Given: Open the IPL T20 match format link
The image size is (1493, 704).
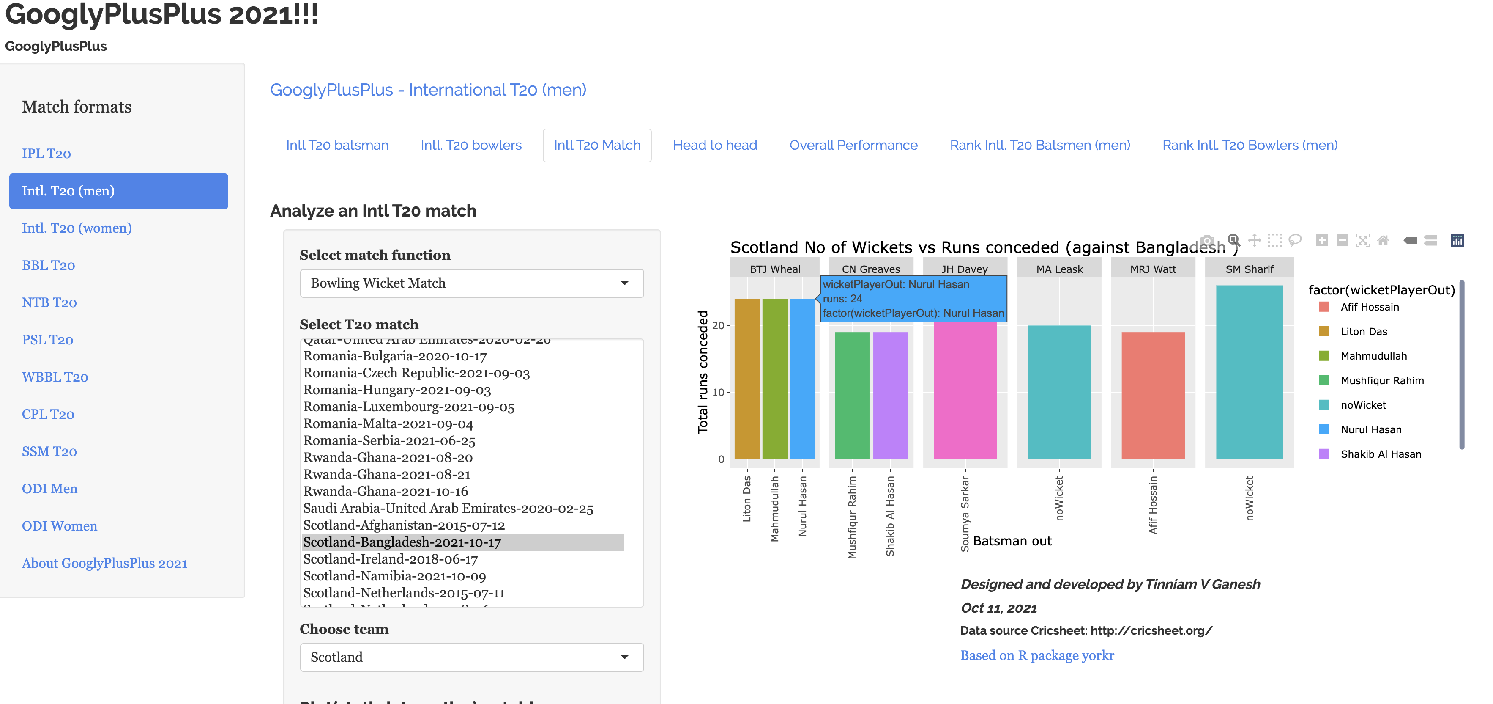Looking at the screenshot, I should point(46,154).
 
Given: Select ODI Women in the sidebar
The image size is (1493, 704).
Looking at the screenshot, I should point(59,526).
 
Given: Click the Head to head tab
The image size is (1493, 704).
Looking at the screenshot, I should point(715,145).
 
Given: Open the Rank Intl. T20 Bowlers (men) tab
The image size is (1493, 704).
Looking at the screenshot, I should point(1250,145).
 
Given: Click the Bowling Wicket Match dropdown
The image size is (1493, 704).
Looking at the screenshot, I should point(471,283).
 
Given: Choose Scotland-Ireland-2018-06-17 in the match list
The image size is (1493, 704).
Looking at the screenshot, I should point(390,559).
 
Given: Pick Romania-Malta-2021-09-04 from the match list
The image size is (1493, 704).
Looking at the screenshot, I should point(388,424).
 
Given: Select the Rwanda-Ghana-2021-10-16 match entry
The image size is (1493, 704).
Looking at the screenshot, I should point(386,492).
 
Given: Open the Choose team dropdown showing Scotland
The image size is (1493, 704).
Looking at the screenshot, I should point(471,657).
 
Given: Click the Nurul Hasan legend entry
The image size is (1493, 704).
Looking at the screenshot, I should point(1371,430).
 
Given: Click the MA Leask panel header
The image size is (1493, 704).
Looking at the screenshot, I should point(1059,269).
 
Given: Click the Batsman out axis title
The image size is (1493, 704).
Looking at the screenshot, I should point(1012,541).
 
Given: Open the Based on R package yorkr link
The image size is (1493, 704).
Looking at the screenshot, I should point(1037,655).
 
